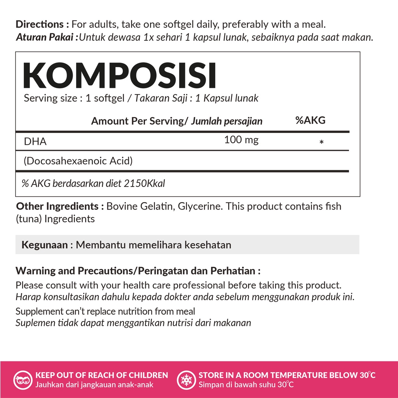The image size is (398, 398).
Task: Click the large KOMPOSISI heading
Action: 119,76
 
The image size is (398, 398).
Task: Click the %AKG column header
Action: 310,120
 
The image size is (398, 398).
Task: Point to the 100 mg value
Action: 241,140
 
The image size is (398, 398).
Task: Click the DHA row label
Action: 35,141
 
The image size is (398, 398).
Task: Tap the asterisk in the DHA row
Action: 321,143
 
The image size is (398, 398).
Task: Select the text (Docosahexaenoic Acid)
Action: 78,161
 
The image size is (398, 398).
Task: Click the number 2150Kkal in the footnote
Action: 144,183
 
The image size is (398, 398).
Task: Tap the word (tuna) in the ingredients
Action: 29,219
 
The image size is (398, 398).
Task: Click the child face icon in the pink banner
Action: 22,380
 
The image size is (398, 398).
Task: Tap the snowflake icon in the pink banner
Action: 185,380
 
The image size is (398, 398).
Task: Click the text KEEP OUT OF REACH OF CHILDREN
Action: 102,375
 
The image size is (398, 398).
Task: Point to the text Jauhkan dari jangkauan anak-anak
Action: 94,385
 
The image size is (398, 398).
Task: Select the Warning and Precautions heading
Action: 138,271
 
